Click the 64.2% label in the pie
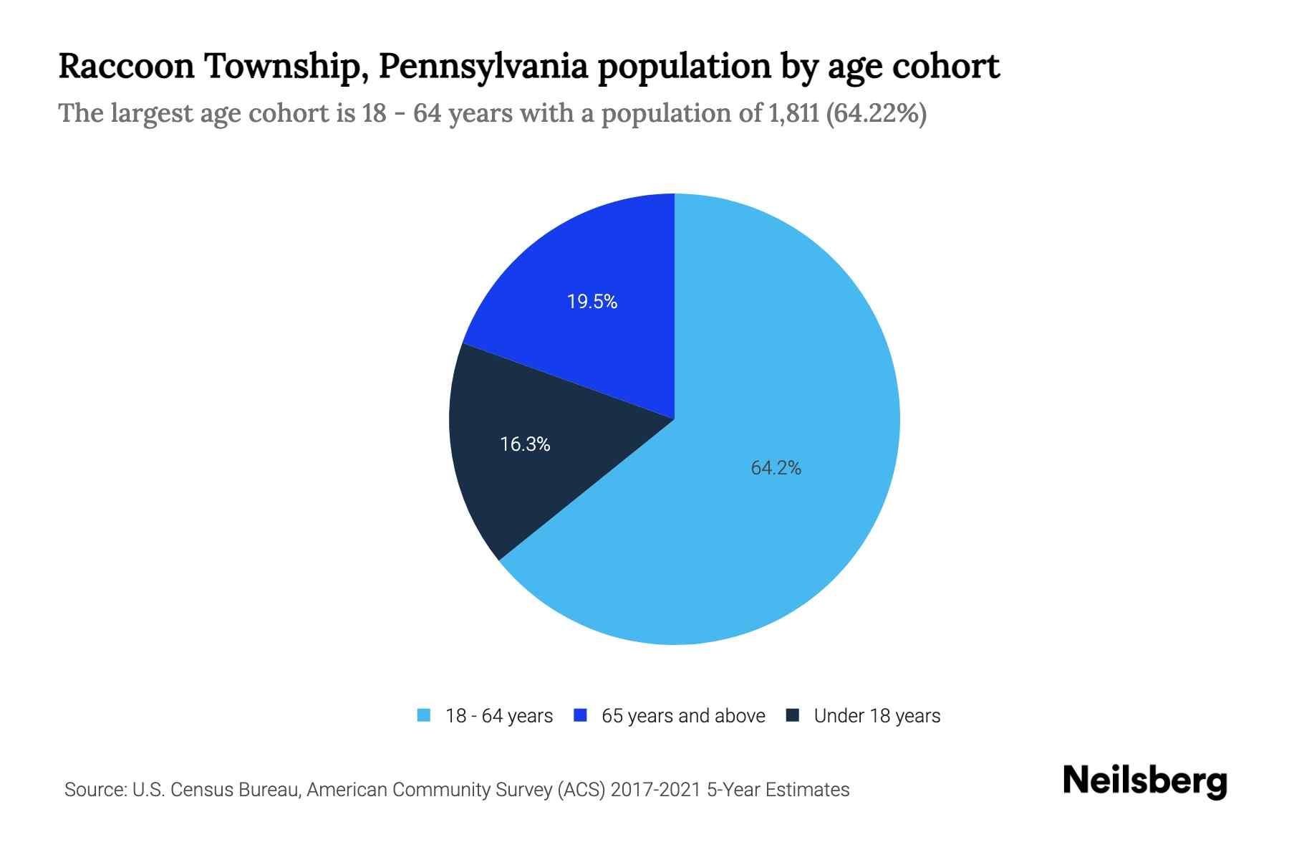pos(776,468)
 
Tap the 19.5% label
pos(592,302)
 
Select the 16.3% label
pos(525,444)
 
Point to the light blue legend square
pos(424,715)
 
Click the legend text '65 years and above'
pos(683,716)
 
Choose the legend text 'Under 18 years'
pos(877,716)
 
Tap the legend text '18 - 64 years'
pos(499,716)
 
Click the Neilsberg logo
pos(1144,781)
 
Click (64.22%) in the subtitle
pos(877,113)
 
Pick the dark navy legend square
pos(793,715)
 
